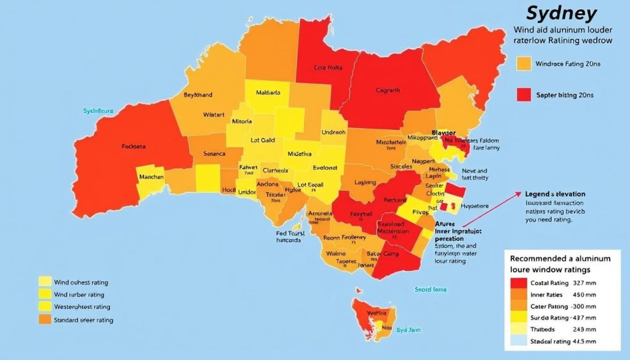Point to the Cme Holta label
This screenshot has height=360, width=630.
pyautogui.click(x=327, y=68)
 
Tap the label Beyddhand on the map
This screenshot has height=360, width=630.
pyautogui.click(x=198, y=95)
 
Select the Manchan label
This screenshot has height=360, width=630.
pyautogui.click(x=151, y=177)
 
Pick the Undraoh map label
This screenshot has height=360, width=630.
pyautogui.click(x=333, y=132)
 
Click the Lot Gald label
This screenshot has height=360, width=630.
pyautogui.click(x=263, y=140)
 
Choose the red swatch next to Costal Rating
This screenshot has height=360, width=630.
pyautogui.click(x=519, y=283)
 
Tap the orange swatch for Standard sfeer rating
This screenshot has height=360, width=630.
pyautogui.click(x=45, y=319)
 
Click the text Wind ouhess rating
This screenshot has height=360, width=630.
pyautogui.click(x=81, y=282)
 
